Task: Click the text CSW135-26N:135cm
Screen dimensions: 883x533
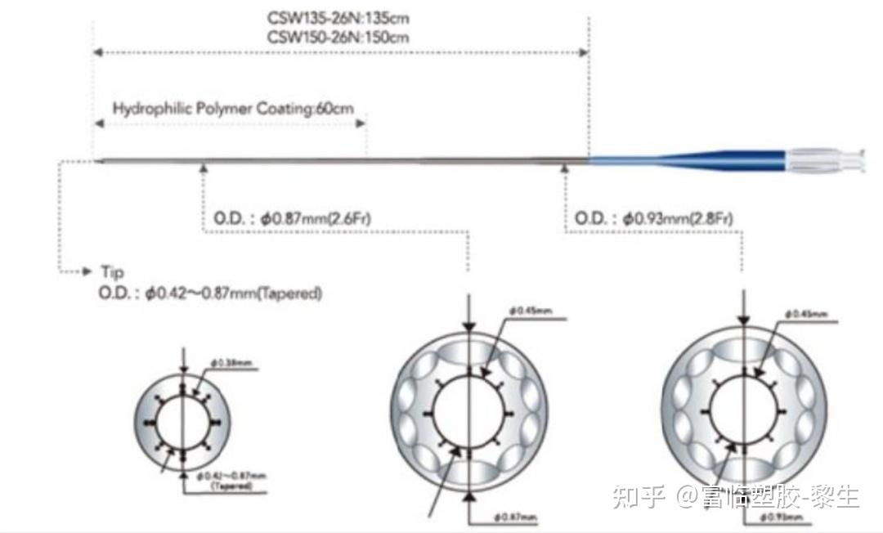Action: (x=338, y=17)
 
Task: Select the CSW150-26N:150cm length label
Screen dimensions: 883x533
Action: (x=338, y=36)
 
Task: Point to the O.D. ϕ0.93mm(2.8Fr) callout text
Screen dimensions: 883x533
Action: (x=653, y=218)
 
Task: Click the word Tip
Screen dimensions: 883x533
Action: (x=112, y=271)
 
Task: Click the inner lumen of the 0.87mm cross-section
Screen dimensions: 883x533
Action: (x=468, y=410)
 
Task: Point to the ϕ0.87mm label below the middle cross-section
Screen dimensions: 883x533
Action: (x=516, y=517)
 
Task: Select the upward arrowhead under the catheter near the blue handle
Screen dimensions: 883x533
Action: (x=564, y=168)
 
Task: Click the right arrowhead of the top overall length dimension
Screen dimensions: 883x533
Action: (x=584, y=52)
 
